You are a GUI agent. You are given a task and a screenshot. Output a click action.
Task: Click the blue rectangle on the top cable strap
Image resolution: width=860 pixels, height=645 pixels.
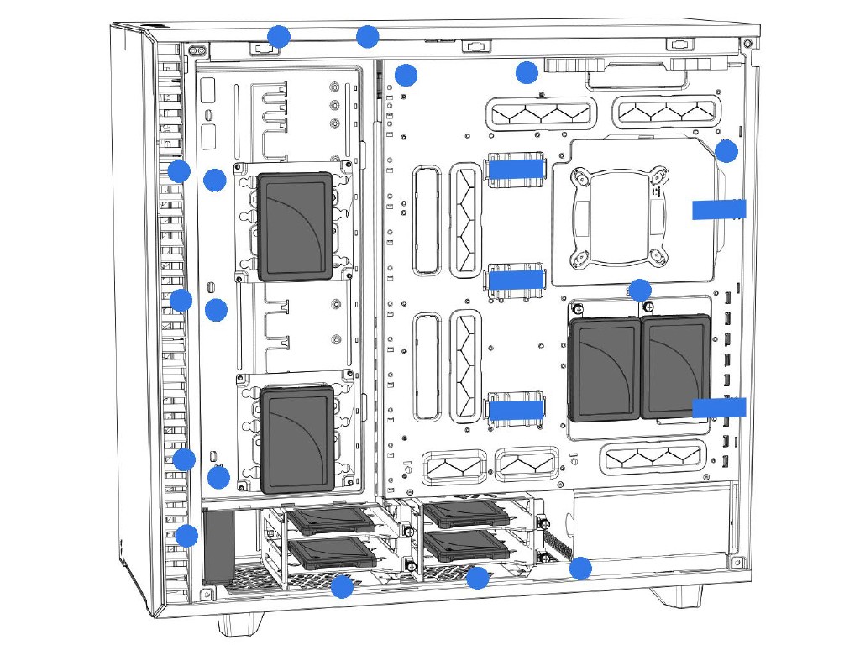(514, 169)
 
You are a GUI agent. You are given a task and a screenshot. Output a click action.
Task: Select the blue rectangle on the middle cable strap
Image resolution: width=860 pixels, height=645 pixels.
(514, 279)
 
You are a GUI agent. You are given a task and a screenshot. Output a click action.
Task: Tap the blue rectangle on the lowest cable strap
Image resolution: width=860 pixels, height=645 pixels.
(514, 409)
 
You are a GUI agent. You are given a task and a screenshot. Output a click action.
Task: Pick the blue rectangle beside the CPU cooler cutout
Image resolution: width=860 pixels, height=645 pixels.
(719, 209)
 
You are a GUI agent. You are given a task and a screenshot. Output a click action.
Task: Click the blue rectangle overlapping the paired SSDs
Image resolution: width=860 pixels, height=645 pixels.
(719, 407)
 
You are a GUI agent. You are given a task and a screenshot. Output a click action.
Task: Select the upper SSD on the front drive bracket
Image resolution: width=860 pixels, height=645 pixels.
(294, 226)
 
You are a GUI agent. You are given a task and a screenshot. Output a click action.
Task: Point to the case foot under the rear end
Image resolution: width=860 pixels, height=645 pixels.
(675, 595)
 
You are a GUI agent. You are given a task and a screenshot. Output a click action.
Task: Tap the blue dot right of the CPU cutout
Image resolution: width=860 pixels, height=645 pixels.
(726, 152)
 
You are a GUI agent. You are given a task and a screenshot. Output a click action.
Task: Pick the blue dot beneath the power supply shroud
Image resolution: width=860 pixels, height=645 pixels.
(579, 569)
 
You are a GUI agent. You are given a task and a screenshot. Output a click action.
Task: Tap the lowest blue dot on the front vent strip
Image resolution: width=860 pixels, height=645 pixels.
(186, 535)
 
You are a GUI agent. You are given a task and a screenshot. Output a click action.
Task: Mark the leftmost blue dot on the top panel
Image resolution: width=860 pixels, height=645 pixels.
(278, 37)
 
